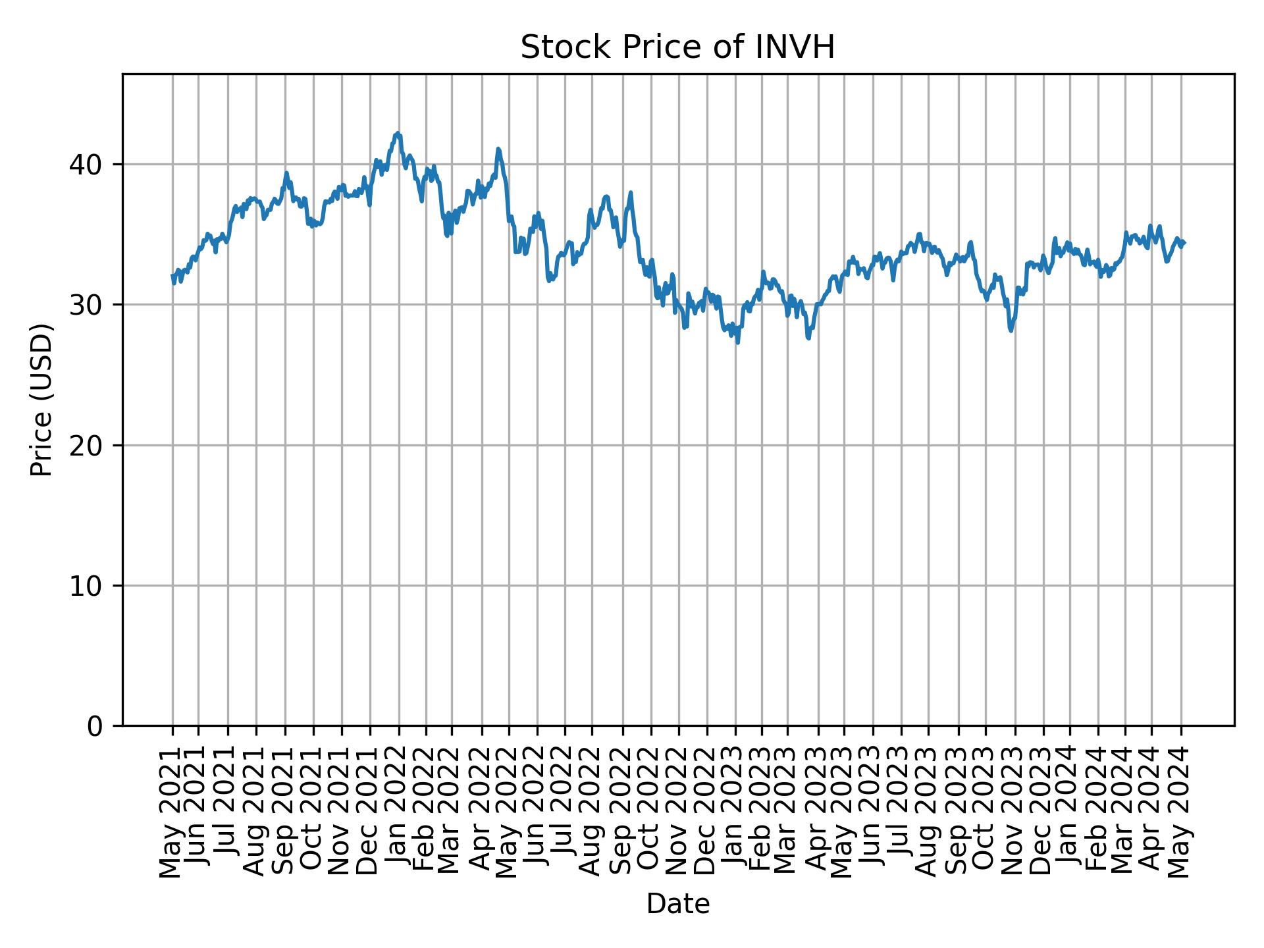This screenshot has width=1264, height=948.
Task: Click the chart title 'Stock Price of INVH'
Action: coord(677,48)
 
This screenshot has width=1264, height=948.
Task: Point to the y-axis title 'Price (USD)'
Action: coord(41,400)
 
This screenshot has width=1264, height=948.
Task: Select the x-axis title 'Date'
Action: coord(677,904)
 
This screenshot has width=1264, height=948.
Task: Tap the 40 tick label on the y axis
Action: coord(86,164)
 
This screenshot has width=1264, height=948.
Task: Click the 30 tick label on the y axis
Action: coord(86,305)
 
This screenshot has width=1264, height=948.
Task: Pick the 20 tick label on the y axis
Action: coord(86,446)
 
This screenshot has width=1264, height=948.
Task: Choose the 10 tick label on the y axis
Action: coord(86,586)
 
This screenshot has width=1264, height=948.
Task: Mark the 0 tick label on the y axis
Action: coord(95,726)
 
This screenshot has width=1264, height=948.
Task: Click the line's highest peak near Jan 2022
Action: coord(397,133)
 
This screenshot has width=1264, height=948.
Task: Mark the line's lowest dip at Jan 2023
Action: coord(737,342)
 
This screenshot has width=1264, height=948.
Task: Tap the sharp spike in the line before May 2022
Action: coord(498,149)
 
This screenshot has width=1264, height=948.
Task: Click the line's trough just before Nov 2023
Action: coord(1011,330)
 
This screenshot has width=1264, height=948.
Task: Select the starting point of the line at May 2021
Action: coord(172,276)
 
